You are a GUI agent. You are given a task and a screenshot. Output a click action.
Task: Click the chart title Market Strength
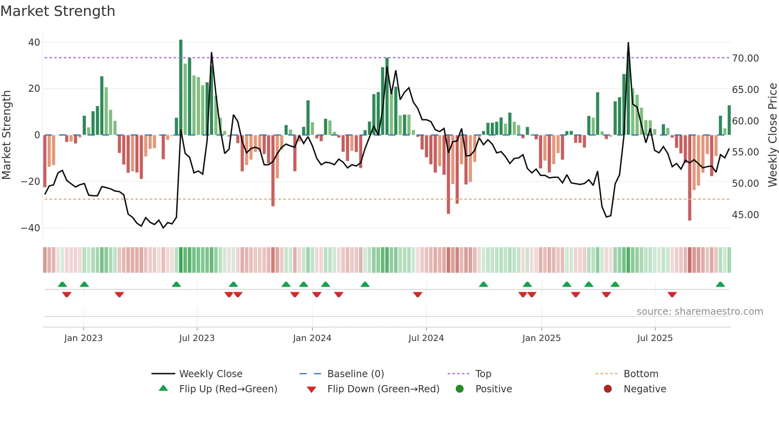click(58, 11)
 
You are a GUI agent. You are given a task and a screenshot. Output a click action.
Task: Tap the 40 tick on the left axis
click(34, 42)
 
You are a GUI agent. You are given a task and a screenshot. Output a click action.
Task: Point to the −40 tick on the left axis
click(31, 228)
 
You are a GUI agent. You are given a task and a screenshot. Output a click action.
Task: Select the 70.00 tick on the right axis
click(745, 58)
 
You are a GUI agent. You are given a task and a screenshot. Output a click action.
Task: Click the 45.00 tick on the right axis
click(745, 215)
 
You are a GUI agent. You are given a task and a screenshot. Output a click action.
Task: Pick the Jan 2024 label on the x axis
click(312, 338)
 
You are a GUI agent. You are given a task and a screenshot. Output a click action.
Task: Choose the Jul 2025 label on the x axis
click(655, 338)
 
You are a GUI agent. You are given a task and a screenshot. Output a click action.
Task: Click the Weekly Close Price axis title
click(772, 135)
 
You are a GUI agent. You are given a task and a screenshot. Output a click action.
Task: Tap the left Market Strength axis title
click(7, 135)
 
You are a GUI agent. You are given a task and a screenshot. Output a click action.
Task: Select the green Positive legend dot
click(460, 389)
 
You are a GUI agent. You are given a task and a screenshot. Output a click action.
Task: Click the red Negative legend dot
click(608, 389)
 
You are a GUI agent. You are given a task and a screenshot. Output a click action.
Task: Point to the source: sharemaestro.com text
click(700, 312)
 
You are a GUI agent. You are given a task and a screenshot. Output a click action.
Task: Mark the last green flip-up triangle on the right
click(720, 285)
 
